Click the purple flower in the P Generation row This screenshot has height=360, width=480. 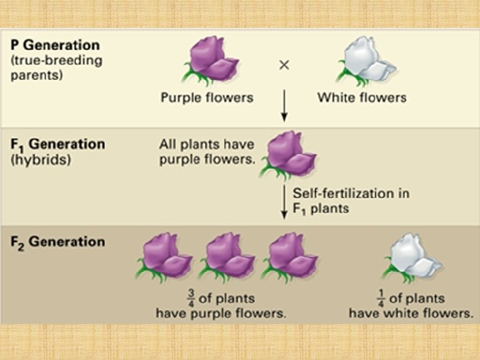208,61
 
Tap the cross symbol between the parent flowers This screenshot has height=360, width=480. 284,65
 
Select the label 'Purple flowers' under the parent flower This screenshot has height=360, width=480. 207,97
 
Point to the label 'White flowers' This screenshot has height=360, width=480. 362,97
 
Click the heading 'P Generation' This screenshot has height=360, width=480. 55,45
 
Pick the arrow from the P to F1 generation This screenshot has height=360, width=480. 284,106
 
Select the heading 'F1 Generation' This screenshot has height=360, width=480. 58,144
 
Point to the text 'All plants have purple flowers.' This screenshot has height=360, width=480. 207,151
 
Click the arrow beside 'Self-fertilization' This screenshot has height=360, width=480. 284,201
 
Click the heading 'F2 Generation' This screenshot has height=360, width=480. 57,241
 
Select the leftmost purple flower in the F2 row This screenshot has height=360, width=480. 163,257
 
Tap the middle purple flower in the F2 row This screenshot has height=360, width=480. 227,257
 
